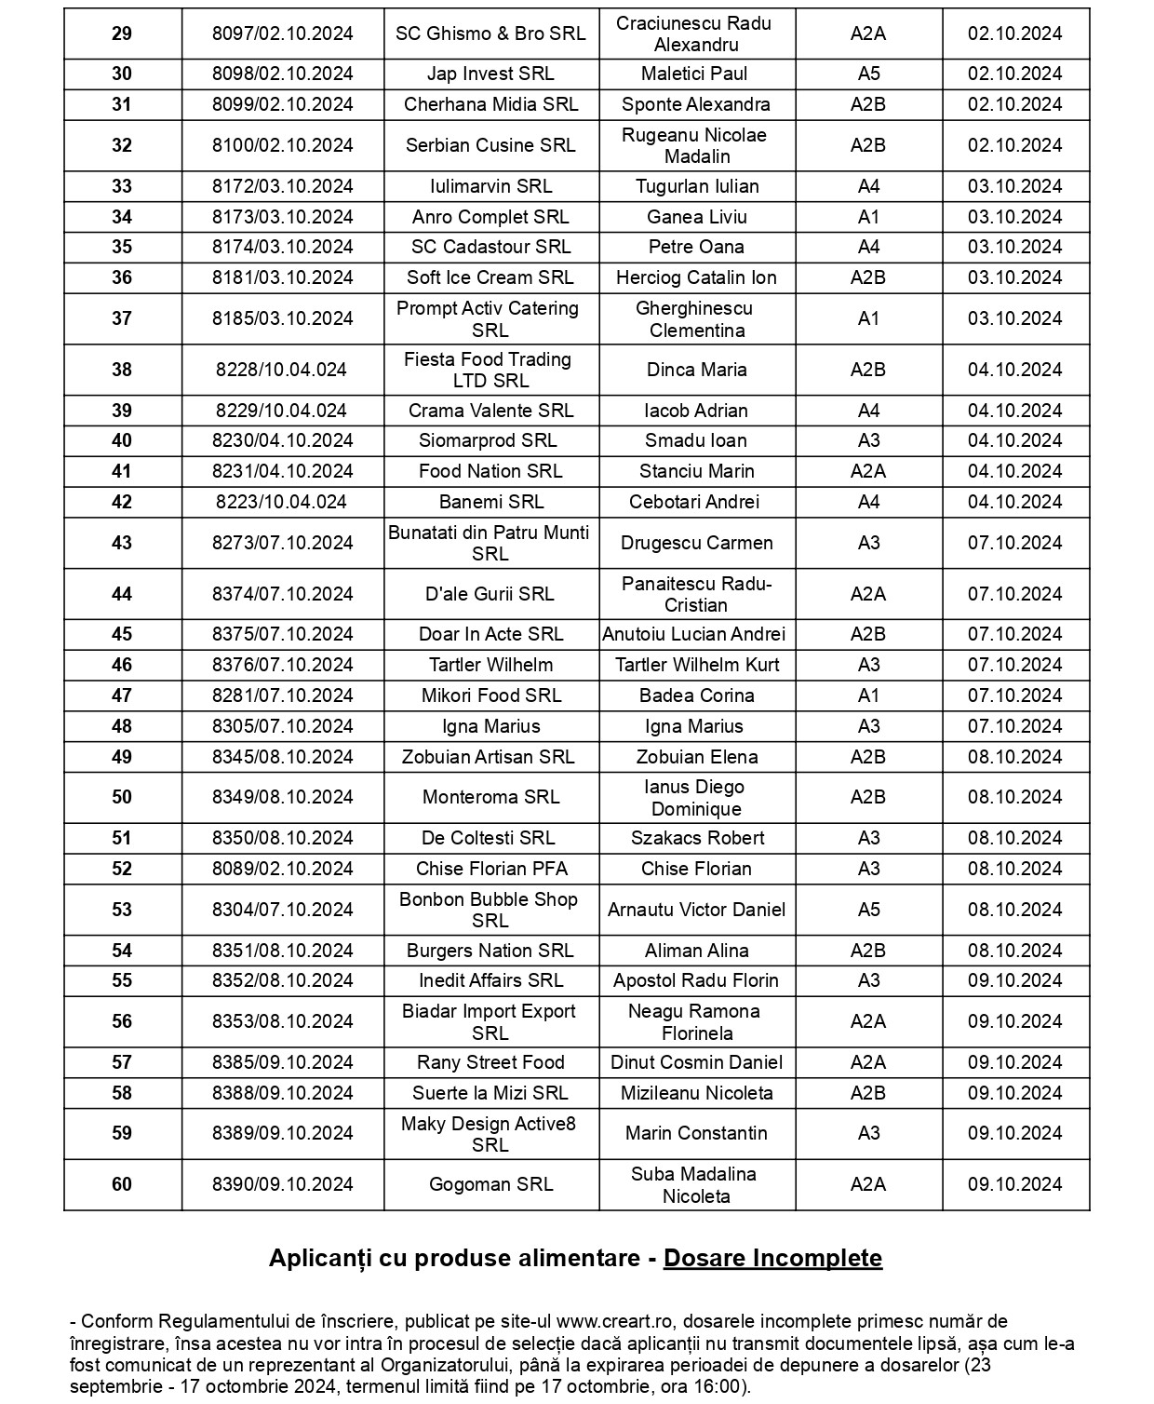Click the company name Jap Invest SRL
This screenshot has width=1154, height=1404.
[x=490, y=74]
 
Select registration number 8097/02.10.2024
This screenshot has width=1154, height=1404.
[x=283, y=34]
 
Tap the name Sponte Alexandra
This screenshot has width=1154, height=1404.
[x=696, y=105]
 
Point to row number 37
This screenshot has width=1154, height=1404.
[x=122, y=318]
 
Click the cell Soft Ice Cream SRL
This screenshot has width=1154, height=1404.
[x=490, y=277]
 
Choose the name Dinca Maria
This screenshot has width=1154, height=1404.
[x=696, y=370]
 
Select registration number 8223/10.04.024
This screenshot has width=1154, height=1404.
[x=281, y=502]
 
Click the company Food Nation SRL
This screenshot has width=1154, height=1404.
[x=490, y=471]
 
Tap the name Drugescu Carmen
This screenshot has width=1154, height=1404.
[x=696, y=543]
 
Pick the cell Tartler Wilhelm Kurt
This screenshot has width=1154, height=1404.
[x=696, y=665]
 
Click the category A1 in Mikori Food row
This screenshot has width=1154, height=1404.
[x=868, y=695]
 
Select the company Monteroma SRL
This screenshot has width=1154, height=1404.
[x=490, y=797]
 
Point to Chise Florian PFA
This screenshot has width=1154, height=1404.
[x=490, y=869]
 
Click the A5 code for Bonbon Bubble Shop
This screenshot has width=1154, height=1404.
[x=868, y=910]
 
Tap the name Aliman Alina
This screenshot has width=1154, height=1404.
[x=696, y=951]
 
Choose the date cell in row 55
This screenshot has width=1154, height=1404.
[x=1014, y=980]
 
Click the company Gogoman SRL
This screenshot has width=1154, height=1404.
[x=490, y=1184]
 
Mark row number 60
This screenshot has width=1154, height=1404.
[x=122, y=1184]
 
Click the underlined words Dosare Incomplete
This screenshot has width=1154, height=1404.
[x=772, y=1258]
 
